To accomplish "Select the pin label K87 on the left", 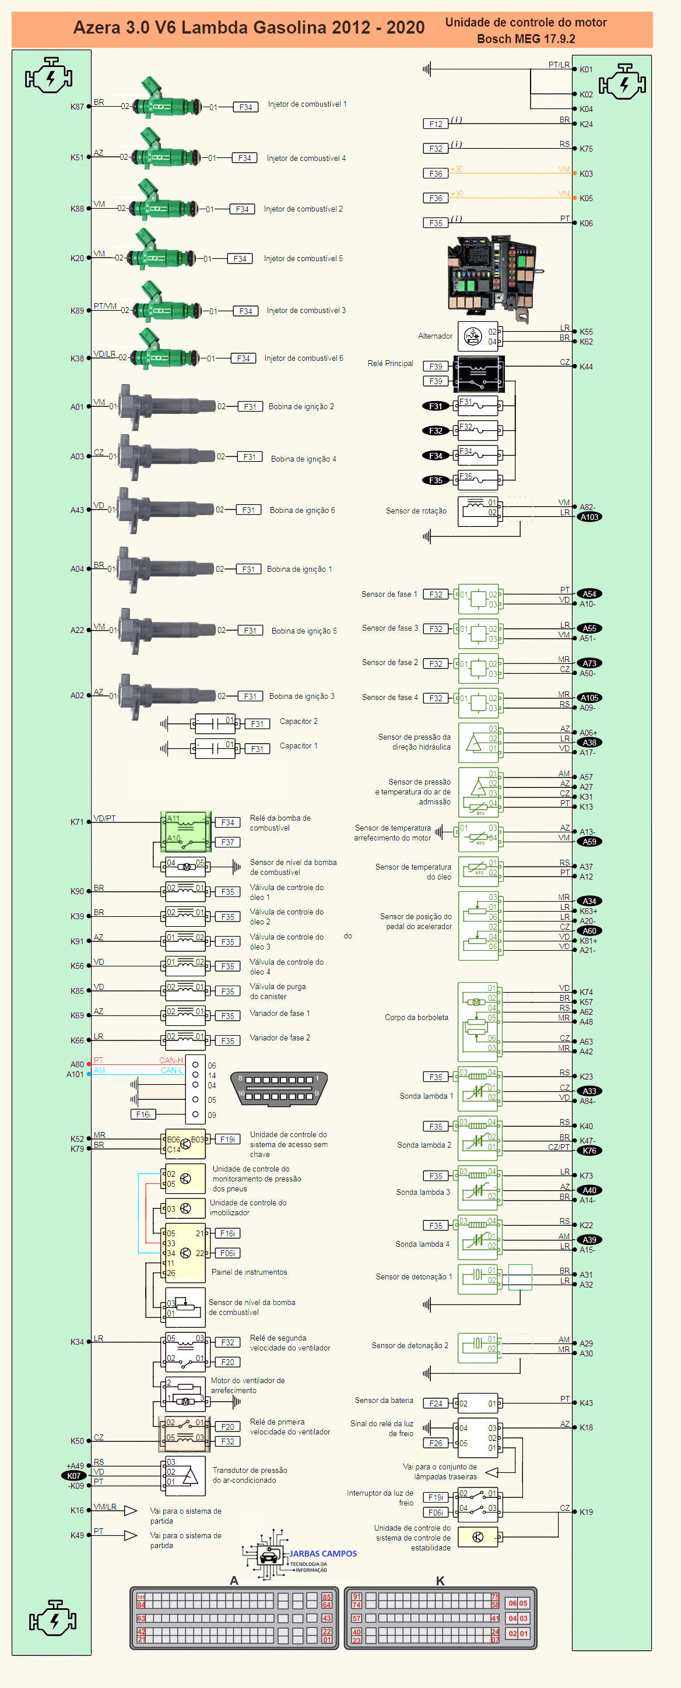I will pyautogui.click(x=77, y=107).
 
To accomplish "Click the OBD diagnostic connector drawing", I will pyautogui.click(x=279, y=1088).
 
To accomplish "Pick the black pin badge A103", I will pyautogui.click(x=589, y=517).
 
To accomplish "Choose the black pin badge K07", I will pyautogui.click(x=74, y=1476).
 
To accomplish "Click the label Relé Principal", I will pyautogui.click(x=390, y=364).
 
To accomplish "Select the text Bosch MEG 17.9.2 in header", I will pyautogui.click(x=526, y=38).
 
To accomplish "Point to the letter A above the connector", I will pyautogui.click(x=234, y=1581).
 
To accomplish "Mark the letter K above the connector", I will pyautogui.click(x=440, y=1581).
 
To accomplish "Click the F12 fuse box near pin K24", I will pyautogui.click(x=435, y=124).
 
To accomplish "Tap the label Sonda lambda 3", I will pyautogui.click(x=423, y=1192).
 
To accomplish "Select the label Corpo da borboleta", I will pyautogui.click(x=416, y=1018).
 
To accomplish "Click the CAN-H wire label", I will pyautogui.click(x=171, y=1060).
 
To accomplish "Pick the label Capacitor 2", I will pyautogui.click(x=298, y=722).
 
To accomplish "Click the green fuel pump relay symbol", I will pyautogui.click(x=185, y=831).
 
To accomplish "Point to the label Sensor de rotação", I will pyautogui.click(x=416, y=511).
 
